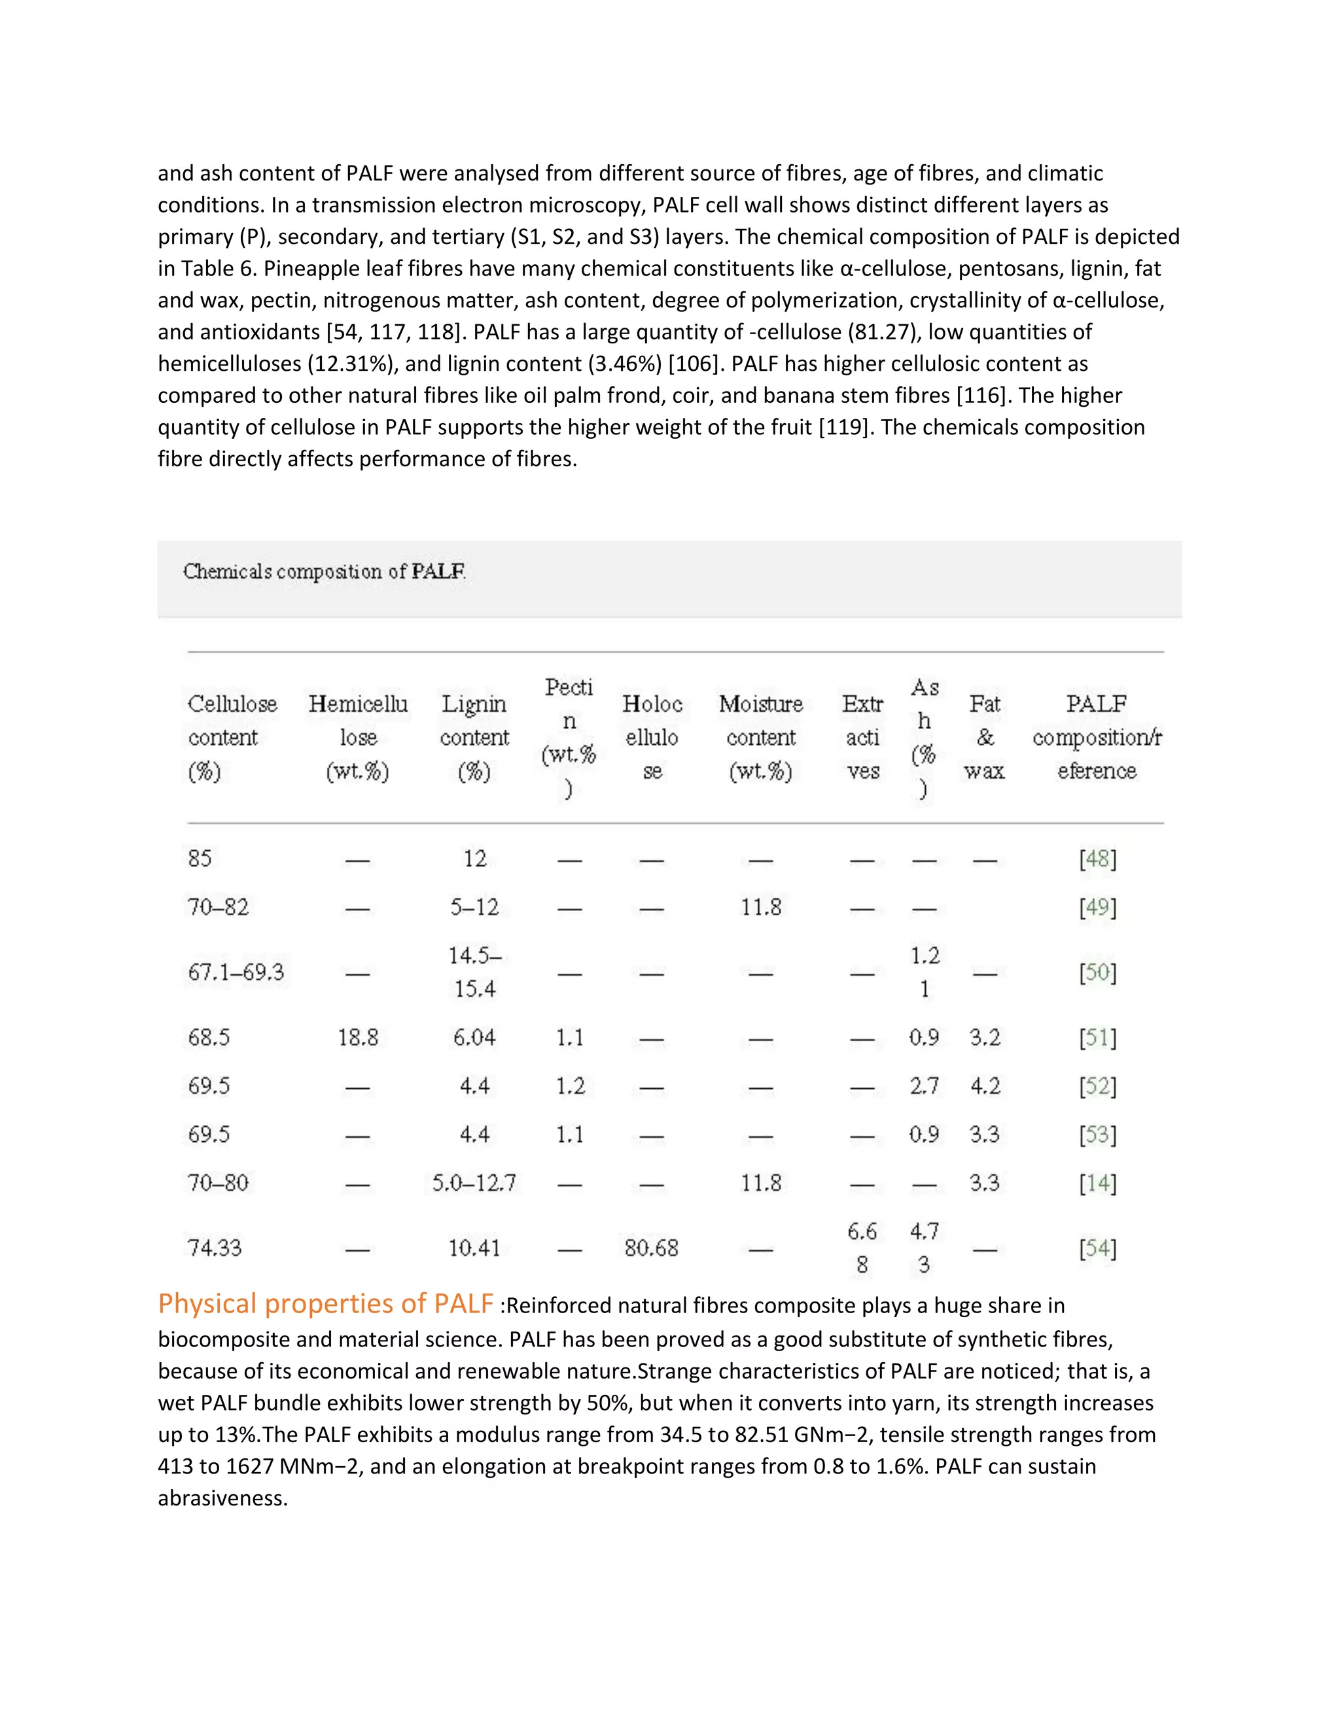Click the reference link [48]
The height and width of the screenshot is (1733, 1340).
point(1097,859)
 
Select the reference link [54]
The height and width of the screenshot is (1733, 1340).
point(1097,1248)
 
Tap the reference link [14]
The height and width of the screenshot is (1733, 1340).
point(1097,1183)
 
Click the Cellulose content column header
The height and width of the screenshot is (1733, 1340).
point(232,737)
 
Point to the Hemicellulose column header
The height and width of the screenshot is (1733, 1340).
point(358,737)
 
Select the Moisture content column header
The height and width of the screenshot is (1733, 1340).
point(760,737)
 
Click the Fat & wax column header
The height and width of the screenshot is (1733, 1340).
point(984,737)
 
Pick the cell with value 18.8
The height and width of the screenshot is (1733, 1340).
point(358,1037)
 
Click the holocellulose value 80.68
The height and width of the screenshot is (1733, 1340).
point(651,1248)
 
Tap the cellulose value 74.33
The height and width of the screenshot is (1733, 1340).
point(215,1248)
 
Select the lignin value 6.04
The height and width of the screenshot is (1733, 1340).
point(474,1037)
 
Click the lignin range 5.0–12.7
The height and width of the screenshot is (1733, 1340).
point(474,1183)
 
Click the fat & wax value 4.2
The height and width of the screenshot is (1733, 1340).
point(984,1086)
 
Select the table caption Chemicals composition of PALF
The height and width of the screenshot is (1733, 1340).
point(324,572)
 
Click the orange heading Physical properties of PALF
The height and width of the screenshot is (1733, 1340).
point(325,1304)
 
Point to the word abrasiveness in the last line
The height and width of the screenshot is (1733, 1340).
point(222,1498)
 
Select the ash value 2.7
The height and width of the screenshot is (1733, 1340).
point(924,1086)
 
